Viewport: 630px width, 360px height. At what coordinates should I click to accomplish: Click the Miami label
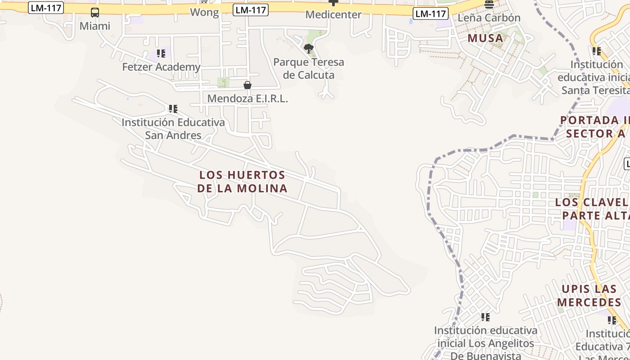pyautogui.click(x=94, y=26)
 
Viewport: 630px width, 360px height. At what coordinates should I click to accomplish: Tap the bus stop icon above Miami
pyautogui.click(x=95, y=13)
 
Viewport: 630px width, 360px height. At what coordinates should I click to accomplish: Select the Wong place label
pyautogui.click(x=204, y=12)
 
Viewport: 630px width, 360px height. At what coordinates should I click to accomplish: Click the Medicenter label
pyautogui.click(x=333, y=14)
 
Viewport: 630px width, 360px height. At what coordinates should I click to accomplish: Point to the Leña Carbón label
pyautogui.click(x=489, y=18)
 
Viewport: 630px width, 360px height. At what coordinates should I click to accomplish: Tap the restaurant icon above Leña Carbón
pyautogui.click(x=489, y=4)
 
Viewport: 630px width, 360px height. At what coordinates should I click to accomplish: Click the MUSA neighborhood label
pyautogui.click(x=485, y=38)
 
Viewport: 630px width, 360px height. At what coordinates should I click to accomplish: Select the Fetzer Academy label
pyautogui.click(x=161, y=67)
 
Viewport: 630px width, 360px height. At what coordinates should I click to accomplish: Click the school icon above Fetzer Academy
pyautogui.click(x=161, y=54)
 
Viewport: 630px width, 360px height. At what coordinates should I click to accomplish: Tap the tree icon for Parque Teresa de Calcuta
pyautogui.click(x=308, y=49)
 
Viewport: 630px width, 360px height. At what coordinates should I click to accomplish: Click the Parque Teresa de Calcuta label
pyautogui.click(x=309, y=68)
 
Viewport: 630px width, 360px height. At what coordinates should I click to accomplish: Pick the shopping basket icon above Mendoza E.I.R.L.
pyautogui.click(x=247, y=85)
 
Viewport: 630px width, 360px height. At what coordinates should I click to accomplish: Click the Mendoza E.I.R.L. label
pyautogui.click(x=247, y=99)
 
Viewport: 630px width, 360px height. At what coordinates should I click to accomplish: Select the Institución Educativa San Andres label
pyautogui.click(x=173, y=129)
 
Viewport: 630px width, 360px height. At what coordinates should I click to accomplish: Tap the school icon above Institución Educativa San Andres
pyautogui.click(x=173, y=109)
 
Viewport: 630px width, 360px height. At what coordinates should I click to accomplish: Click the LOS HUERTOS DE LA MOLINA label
pyautogui.click(x=242, y=181)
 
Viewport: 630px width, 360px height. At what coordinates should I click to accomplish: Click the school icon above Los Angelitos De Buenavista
pyautogui.click(x=485, y=317)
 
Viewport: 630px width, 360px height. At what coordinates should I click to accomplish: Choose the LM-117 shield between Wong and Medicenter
pyautogui.click(x=251, y=10)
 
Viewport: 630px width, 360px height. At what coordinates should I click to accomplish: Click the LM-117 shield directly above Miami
pyautogui.click(x=46, y=8)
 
